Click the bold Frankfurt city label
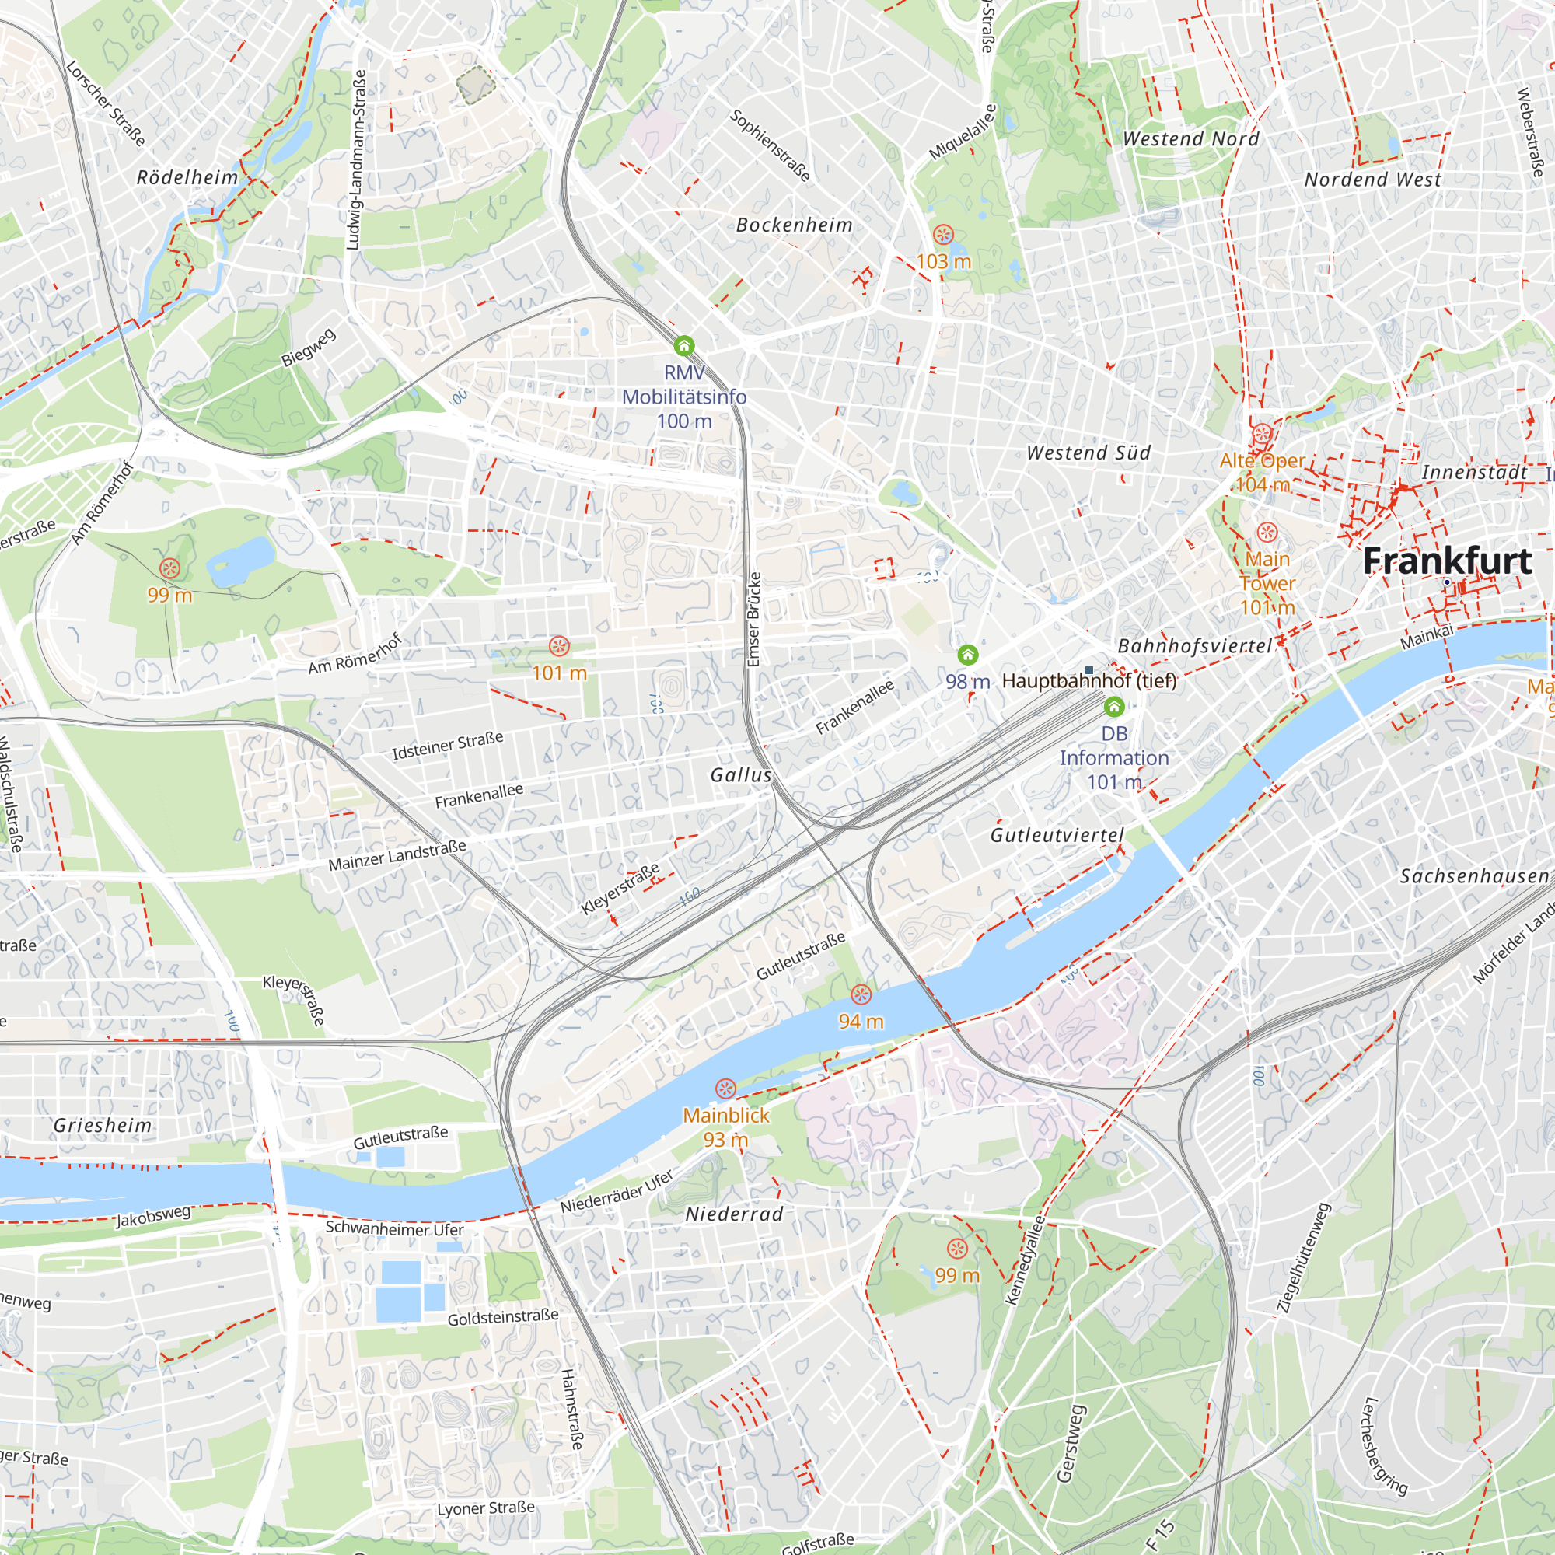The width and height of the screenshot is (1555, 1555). pyautogui.click(x=1446, y=561)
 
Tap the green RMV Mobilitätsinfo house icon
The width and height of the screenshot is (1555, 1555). pyautogui.click(x=683, y=346)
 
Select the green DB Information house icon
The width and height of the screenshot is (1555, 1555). pyautogui.click(x=1114, y=708)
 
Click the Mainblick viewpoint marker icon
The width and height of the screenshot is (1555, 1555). pyautogui.click(x=725, y=1089)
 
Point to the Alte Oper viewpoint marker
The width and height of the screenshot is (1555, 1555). pyautogui.click(x=1262, y=435)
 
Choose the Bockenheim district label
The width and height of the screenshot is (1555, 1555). pyautogui.click(x=794, y=225)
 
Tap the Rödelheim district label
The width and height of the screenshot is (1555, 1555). pyautogui.click(x=187, y=178)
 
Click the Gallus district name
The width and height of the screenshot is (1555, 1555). pyautogui.click(x=740, y=775)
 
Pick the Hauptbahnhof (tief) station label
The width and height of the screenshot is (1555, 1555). pyautogui.click(x=1089, y=681)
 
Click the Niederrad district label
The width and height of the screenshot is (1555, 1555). pyautogui.click(x=734, y=1214)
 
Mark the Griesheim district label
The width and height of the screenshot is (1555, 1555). pyautogui.click(x=102, y=1125)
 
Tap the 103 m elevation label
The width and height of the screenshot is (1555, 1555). pyautogui.click(x=943, y=261)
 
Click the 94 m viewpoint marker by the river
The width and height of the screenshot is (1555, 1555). pyautogui.click(x=861, y=995)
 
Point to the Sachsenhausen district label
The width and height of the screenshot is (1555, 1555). pyautogui.click(x=1473, y=875)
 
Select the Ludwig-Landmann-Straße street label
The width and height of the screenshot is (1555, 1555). pyautogui.click(x=356, y=159)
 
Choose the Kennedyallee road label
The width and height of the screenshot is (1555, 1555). pyautogui.click(x=1026, y=1260)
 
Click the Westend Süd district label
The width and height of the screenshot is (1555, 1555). pyautogui.click(x=1088, y=453)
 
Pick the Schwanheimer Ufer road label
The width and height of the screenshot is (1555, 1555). pyautogui.click(x=394, y=1229)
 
